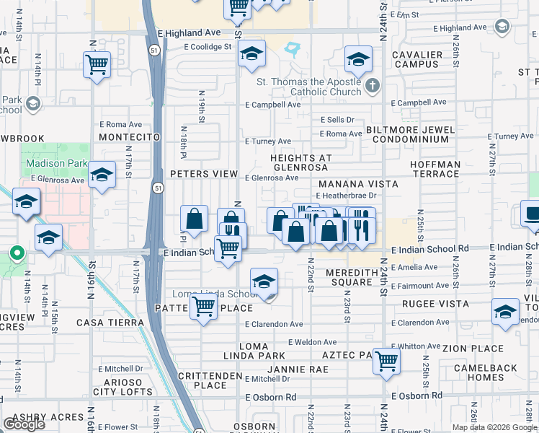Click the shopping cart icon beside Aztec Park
(x=387, y=359)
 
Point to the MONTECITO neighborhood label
(x=129, y=137)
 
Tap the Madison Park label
(x=55, y=164)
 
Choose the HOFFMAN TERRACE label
(x=435, y=169)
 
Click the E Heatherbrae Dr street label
(x=346, y=196)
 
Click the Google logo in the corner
(x=24, y=424)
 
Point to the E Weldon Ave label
(x=312, y=342)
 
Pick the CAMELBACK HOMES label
(x=485, y=372)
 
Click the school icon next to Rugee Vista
(x=505, y=312)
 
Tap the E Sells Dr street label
(x=338, y=120)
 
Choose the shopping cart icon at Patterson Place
(x=203, y=307)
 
